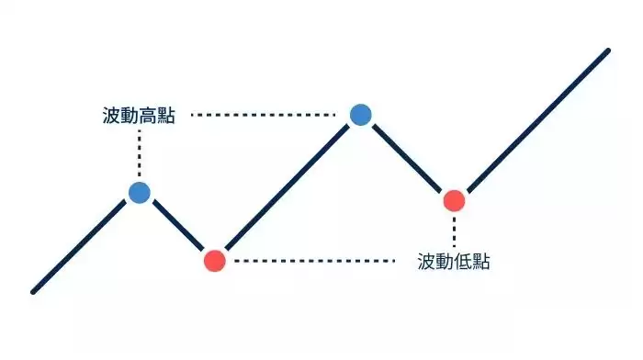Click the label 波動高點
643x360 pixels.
[139, 116]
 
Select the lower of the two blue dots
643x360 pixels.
[139, 192]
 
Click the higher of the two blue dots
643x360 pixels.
[360, 114]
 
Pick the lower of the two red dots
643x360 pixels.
[214, 260]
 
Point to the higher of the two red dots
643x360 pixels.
[454, 199]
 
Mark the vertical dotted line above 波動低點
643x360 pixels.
[454, 230]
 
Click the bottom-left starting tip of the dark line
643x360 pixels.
[34, 292]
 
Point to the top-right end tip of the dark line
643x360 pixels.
[608, 51]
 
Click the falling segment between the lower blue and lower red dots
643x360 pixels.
[176, 226]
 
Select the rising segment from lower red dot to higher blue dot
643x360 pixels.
[287, 187]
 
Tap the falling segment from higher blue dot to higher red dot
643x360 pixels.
[407, 156]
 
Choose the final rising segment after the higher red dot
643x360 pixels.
[533, 124]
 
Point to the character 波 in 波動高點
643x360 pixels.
[111, 116]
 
